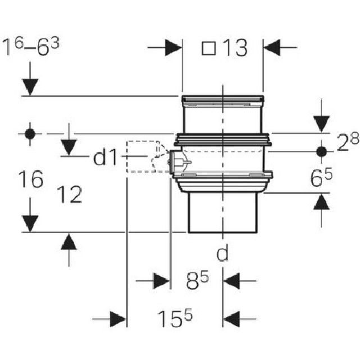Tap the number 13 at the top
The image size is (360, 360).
(234, 49)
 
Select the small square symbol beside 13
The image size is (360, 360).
(209, 49)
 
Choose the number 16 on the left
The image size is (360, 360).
(29, 181)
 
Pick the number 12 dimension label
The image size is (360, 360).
(69, 195)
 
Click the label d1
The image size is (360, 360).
(107, 158)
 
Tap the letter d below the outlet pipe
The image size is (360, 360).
(223, 254)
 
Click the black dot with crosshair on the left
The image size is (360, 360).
(30, 134)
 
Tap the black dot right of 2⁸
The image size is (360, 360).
(322, 151)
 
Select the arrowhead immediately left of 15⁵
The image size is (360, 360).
(117, 319)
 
